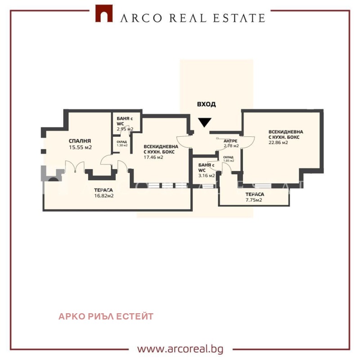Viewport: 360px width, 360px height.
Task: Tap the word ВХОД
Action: [206, 104]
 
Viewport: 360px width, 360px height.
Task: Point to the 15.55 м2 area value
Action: [81, 147]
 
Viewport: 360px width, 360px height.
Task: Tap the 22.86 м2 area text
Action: [278, 143]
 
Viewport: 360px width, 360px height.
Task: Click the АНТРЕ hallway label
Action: [230, 141]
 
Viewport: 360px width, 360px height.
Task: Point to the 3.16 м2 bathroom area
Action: [207, 175]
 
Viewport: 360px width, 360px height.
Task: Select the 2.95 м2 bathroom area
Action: [125, 129]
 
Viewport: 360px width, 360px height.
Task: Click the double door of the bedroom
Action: [74, 167]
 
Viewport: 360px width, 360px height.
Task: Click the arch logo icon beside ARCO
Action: [104, 13]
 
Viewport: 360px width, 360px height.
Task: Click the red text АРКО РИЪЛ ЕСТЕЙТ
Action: [106, 316]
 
